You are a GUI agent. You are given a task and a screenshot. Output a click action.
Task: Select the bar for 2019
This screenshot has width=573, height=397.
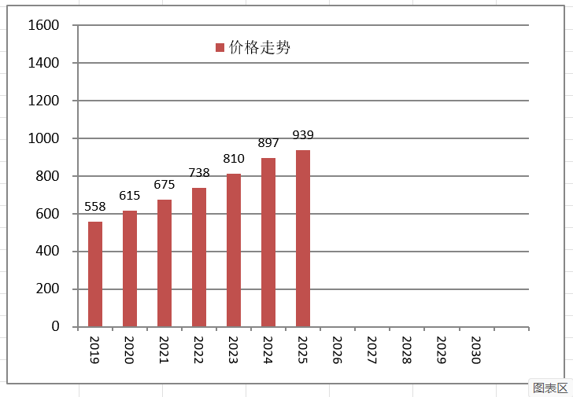[95, 274]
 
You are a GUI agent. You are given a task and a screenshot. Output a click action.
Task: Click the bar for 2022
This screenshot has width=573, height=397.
[199, 257]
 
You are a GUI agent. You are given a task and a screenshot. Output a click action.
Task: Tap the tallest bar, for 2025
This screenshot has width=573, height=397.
[303, 238]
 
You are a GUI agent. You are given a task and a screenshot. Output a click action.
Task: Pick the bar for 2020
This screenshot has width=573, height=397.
[130, 269]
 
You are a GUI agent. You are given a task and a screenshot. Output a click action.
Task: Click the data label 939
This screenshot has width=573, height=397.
[303, 135]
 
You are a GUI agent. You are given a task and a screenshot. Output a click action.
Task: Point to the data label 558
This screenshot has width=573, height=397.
[95, 207]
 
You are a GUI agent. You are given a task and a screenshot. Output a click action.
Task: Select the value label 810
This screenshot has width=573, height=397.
[234, 159]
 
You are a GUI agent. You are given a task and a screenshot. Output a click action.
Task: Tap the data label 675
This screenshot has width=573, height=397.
[165, 185]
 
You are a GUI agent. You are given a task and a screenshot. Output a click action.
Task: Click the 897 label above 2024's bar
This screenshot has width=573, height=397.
[268, 143]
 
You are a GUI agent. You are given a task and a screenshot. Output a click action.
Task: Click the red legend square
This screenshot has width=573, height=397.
[220, 47]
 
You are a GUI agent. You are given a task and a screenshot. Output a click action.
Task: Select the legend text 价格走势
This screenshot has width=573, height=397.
[260, 47]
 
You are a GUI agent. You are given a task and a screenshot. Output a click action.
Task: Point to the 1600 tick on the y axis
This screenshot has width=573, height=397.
[43, 25]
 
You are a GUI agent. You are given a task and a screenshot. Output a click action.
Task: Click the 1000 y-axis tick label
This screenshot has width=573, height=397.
[43, 138]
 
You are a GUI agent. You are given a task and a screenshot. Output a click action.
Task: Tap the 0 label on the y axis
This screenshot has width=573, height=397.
[55, 326]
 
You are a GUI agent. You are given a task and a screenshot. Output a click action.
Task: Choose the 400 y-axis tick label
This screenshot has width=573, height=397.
[47, 251]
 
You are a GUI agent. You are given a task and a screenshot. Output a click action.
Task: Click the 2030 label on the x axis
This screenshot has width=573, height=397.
[475, 350]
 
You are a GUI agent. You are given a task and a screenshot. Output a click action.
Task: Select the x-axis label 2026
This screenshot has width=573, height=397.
[338, 350]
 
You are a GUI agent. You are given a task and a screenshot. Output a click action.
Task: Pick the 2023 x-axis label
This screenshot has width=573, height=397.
[233, 350]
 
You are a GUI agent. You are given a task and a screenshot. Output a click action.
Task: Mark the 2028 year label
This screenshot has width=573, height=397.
[406, 350]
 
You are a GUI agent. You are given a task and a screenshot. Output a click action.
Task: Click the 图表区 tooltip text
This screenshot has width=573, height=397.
[550, 388]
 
